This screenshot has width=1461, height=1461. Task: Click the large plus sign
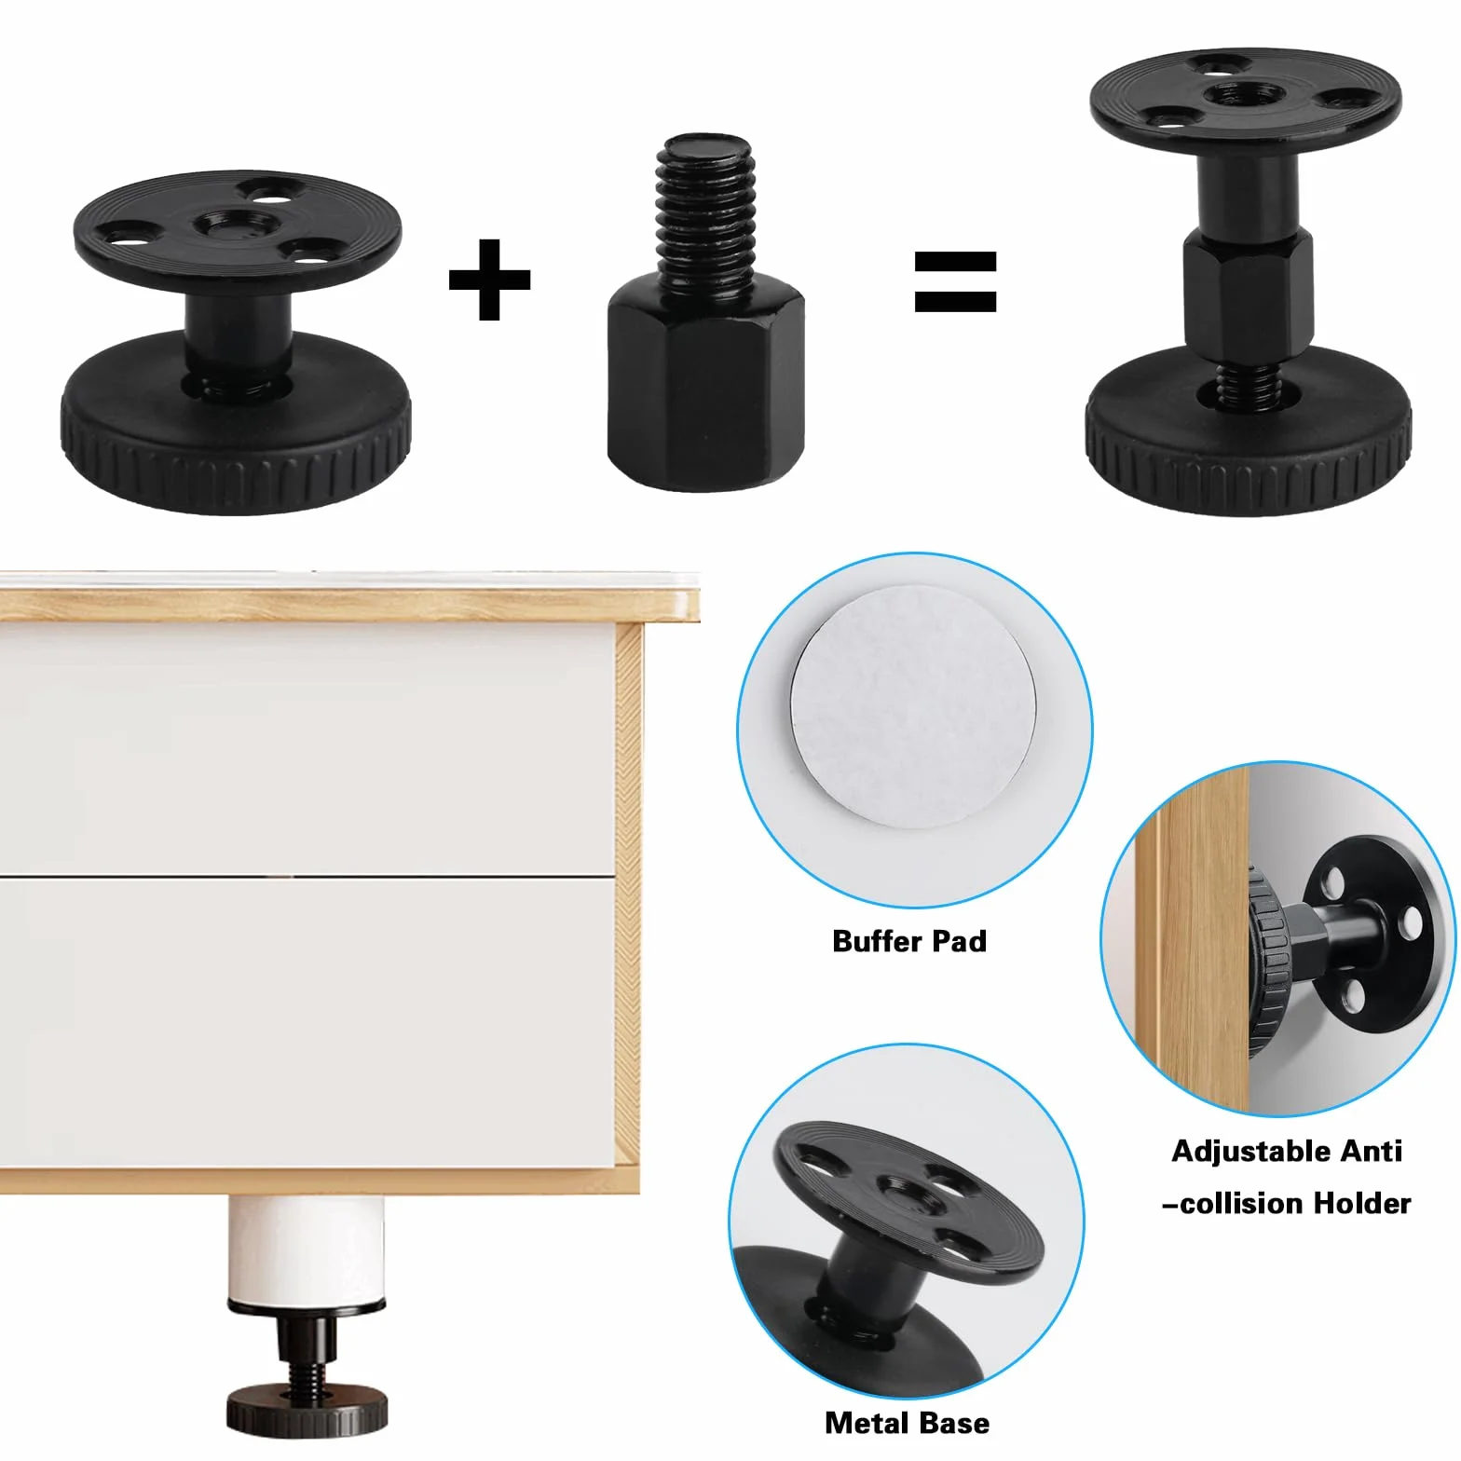[489, 280]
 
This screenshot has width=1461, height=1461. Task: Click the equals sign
[955, 280]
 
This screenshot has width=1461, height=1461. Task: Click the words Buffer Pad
[909, 941]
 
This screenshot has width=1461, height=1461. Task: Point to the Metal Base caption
[907, 1423]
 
